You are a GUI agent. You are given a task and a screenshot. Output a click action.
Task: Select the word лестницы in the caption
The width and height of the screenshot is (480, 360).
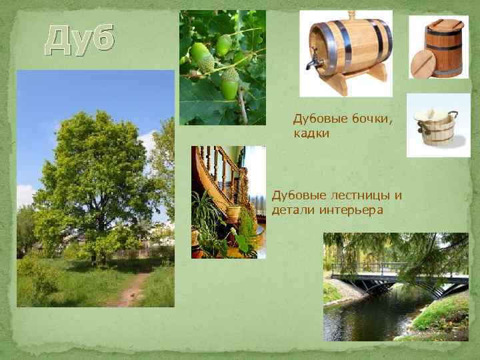point(353,196)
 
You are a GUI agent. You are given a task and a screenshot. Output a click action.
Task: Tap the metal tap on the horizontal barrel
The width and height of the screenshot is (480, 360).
point(311,64)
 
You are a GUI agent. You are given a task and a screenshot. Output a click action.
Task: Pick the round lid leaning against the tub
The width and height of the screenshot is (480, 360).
point(422,65)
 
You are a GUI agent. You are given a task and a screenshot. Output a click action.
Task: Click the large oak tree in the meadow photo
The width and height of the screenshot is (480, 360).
point(93,173)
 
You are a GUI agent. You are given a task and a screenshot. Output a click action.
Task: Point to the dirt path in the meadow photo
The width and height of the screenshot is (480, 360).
point(130,290)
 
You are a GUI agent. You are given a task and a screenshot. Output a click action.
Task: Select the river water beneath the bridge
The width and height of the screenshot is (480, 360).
point(373,317)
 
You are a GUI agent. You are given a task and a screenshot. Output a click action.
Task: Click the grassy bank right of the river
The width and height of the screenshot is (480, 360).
point(443,313)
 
